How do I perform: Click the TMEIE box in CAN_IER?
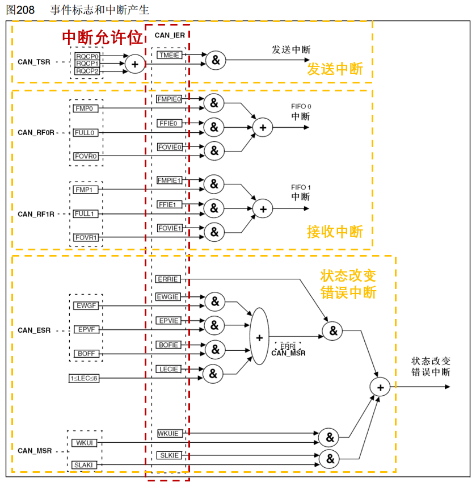coord(169,55)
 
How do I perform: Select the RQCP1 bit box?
coord(87,64)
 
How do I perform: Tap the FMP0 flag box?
coord(86,108)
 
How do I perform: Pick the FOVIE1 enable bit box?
coord(170,228)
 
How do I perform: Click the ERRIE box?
coord(168,279)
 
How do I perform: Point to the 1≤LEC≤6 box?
coord(84,378)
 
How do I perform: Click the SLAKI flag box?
coord(84,465)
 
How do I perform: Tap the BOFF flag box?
coord(86,354)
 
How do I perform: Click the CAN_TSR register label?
coord(34,62)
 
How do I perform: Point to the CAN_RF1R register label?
coord(36,214)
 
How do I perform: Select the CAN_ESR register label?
coord(34,330)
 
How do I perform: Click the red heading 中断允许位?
coord(103,37)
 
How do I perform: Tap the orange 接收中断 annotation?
coord(335,232)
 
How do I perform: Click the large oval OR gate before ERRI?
coord(259,336)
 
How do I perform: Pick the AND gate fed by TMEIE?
coord(216,60)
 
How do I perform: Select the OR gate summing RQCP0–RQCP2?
coord(135,64)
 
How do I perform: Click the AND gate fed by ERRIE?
coord(332,331)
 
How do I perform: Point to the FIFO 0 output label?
coord(301,106)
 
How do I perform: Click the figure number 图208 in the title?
coord(20,10)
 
